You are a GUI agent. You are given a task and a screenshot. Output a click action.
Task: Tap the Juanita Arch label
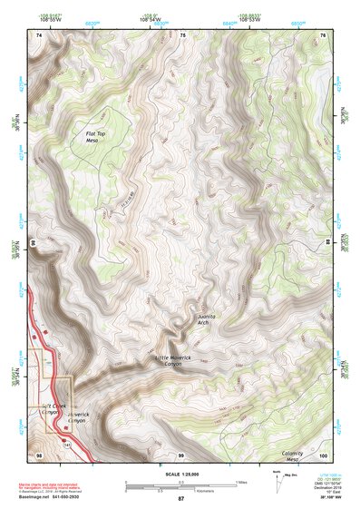click(x=209, y=318)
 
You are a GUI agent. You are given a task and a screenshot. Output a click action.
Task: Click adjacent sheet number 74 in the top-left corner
click(x=39, y=34)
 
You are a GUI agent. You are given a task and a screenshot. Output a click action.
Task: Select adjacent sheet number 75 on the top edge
click(x=181, y=34)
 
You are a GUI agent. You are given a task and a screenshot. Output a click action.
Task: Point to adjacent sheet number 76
click(x=323, y=34)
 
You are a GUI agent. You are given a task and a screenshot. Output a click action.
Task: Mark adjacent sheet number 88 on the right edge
click(x=327, y=242)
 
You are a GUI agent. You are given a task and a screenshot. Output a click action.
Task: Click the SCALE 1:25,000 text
click(x=180, y=474)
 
